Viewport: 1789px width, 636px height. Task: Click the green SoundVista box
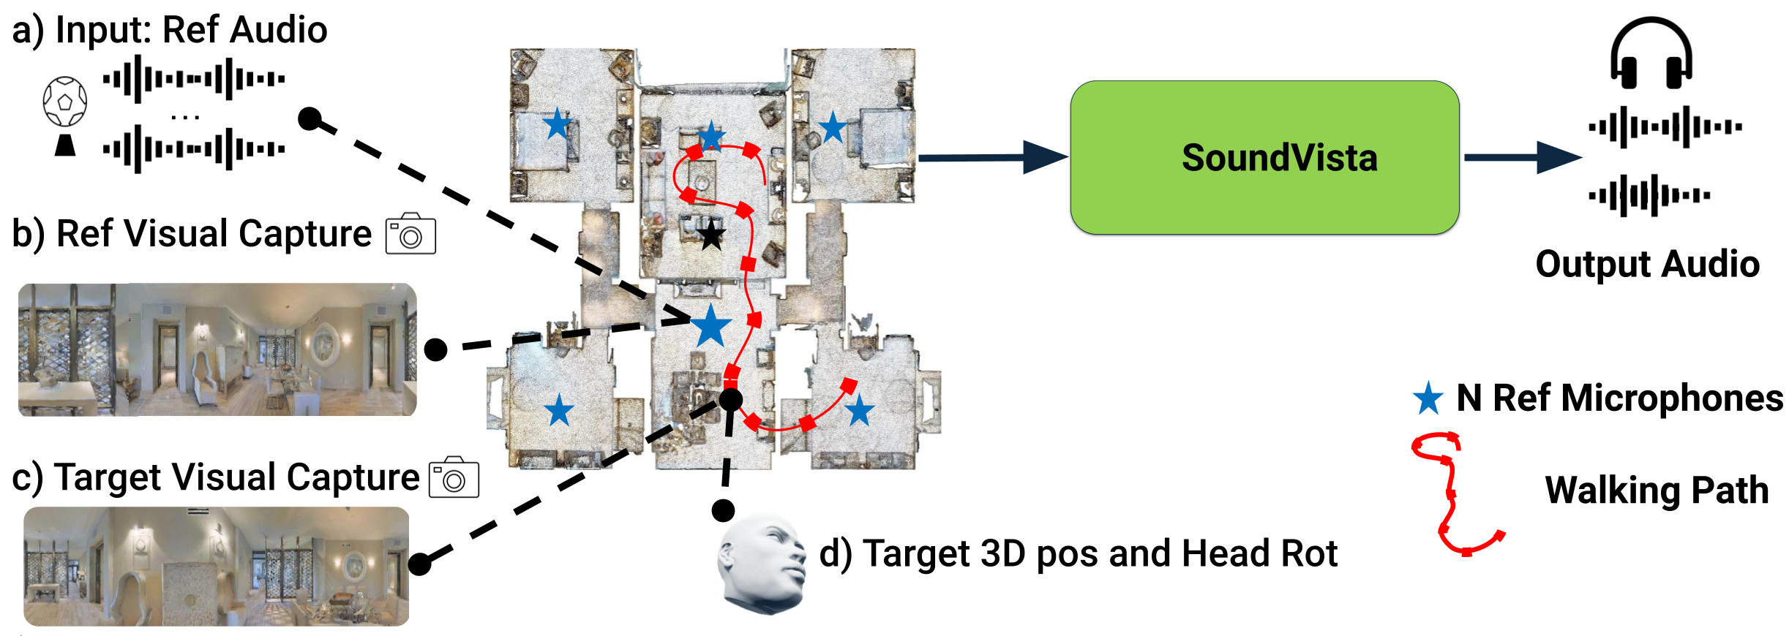[x=1264, y=158]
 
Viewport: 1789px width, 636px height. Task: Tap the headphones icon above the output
[x=1651, y=53]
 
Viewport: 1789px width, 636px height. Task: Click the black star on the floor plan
[x=711, y=235]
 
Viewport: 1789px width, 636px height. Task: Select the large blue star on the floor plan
[x=710, y=325]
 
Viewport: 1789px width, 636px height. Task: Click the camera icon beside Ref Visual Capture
[x=410, y=234]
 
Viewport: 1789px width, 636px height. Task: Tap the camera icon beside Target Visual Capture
[x=454, y=477]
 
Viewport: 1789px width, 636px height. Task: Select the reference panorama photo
[x=217, y=350]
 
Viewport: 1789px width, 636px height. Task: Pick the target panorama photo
[x=217, y=567]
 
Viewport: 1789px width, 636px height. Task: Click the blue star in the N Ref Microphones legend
[x=1428, y=398]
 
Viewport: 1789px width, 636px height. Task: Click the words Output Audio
[x=1647, y=265]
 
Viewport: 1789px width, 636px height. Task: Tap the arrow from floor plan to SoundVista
[x=993, y=157]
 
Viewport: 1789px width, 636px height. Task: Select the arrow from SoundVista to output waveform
[x=1523, y=157]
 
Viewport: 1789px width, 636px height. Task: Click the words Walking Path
[x=1657, y=491]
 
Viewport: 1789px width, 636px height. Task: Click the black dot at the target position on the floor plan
[x=731, y=399]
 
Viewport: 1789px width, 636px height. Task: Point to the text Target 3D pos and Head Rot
[x=1078, y=553]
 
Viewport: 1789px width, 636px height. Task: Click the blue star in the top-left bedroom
[x=558, y=124]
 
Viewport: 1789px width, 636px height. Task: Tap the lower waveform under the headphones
[x=1649, y=195]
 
